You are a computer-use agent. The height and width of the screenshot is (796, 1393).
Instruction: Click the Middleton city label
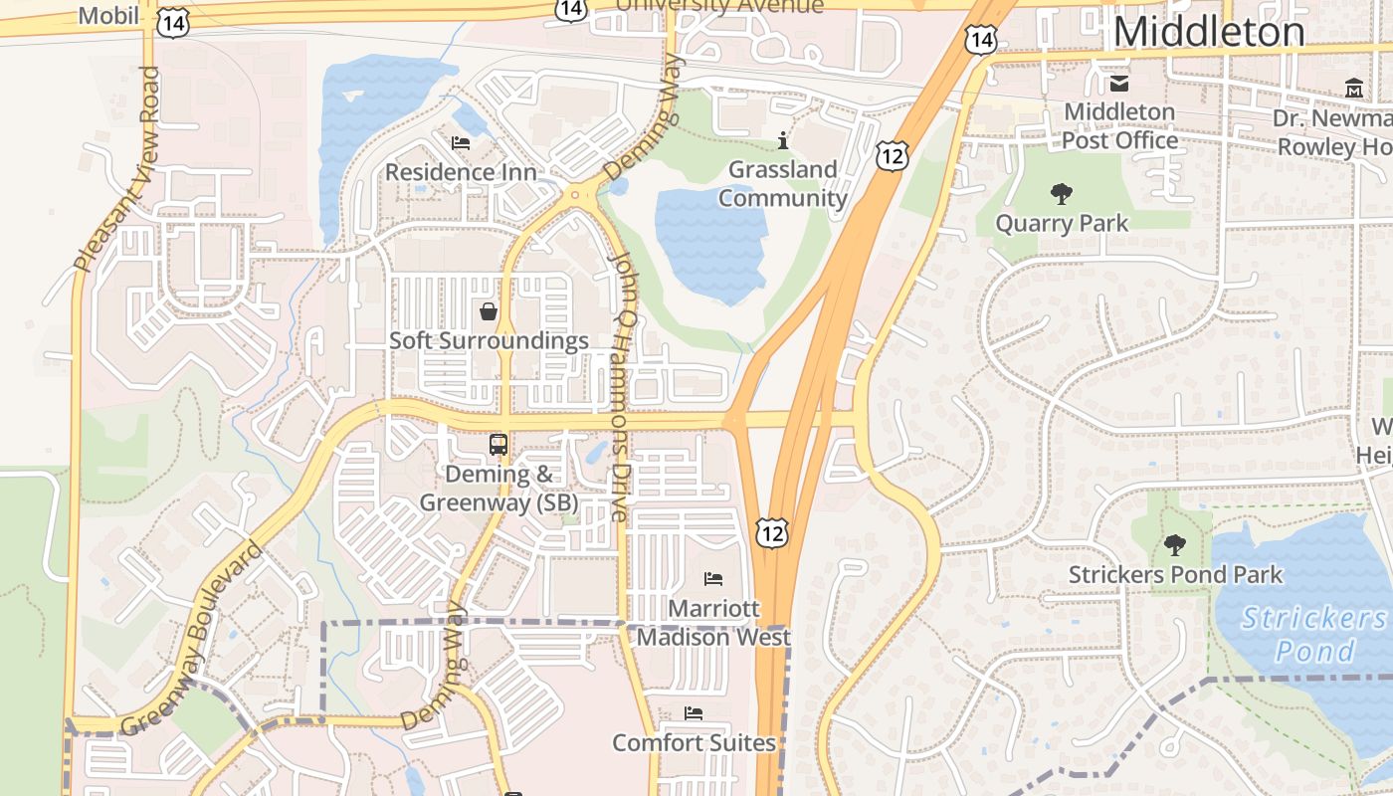pos(1208,32)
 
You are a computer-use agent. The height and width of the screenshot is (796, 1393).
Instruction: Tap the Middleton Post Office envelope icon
pos(1119,84)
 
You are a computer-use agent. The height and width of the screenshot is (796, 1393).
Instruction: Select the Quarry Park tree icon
pos(1062,194)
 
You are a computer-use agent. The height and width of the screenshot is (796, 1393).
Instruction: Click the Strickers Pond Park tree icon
pos(1175,544)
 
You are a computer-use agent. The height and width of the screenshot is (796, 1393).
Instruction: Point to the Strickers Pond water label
pos(1314,635)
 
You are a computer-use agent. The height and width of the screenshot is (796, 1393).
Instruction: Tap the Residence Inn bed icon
pos(461,143)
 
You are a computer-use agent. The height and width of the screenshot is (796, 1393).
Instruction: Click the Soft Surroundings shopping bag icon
pos(489,311)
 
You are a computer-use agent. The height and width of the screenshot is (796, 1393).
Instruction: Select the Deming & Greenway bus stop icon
pos(498,445)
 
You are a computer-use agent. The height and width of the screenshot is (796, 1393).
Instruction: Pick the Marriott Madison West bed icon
pos(713,578)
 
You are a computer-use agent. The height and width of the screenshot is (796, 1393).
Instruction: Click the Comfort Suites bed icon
pos(694,713)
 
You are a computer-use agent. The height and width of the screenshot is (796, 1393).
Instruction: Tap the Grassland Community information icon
pos(783,140)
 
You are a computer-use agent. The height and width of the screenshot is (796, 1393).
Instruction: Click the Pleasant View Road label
pos(116,169)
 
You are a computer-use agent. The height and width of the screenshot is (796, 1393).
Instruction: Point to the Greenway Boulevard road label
pos(192,640)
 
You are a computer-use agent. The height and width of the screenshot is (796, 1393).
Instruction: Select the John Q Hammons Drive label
pos(622,386)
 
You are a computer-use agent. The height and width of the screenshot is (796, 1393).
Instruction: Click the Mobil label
pos(108,15)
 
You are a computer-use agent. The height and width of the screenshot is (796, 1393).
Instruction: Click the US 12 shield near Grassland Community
pos(892,154)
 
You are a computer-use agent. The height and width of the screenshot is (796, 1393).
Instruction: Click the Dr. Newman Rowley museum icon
pos(1353,90)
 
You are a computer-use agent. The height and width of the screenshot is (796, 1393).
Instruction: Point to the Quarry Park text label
pos(1062,223)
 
